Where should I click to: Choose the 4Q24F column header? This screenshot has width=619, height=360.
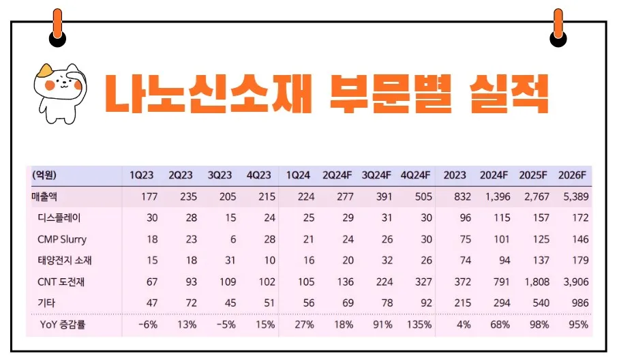(x=417, y=175)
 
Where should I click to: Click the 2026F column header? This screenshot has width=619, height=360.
(x=572, y=175)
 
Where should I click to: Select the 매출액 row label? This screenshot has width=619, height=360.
(x=46, y=197)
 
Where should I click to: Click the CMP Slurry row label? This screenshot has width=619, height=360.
(x=62, y=240)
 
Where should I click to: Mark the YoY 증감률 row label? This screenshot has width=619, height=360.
(x=66, y=325)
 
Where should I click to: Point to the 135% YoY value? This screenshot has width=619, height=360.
(x=418, y=325)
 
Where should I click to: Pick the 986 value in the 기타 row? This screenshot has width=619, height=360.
(x=577, y=303)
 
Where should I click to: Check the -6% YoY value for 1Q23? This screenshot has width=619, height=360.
(x=147, y=325)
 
